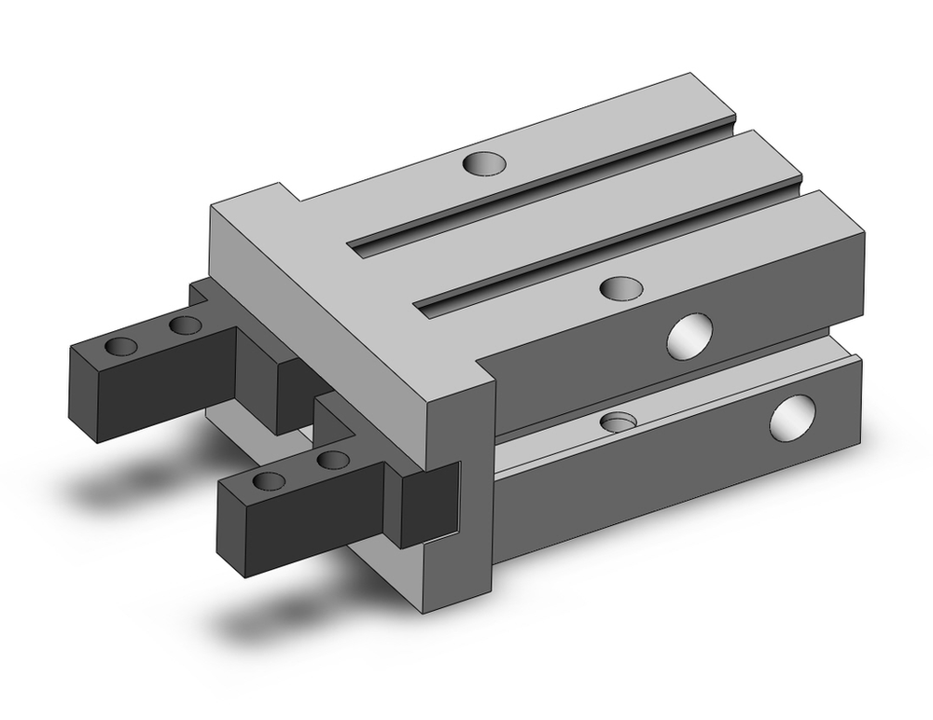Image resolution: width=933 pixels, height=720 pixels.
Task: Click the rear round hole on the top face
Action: click(485, 164)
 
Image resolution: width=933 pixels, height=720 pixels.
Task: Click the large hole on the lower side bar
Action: click(791, 417)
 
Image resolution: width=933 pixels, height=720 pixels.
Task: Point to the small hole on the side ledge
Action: click(615, 422)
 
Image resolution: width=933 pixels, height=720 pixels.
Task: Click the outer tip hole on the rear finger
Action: click(120, 348)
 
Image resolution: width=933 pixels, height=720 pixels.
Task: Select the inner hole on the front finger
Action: click(332, 460)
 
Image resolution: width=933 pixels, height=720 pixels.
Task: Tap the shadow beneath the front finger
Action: click(271, 620)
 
